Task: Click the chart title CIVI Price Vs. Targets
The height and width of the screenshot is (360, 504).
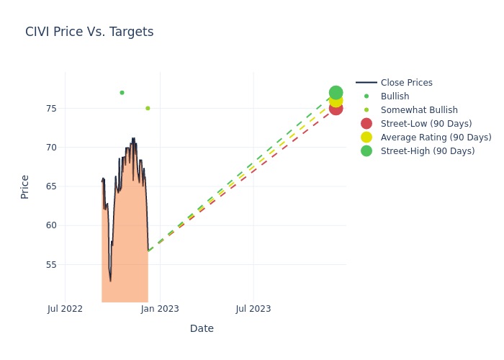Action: [x=89, y=32]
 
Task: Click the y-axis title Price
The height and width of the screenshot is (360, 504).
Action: [x=25, y=186]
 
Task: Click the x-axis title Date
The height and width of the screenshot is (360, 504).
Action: [x=202, y=328]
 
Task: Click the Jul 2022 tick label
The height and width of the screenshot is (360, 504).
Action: [x=65, y=309]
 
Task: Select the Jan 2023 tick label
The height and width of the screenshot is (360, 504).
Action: [x=160, y=309]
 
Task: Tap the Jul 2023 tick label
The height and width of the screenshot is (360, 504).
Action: [x=253, y=309]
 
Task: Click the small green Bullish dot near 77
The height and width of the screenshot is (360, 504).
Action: [x=122, y=93]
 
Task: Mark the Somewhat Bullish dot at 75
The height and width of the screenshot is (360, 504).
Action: [x=148, y=109]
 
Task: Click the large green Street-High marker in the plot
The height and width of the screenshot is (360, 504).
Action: [x=336, y=93]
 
